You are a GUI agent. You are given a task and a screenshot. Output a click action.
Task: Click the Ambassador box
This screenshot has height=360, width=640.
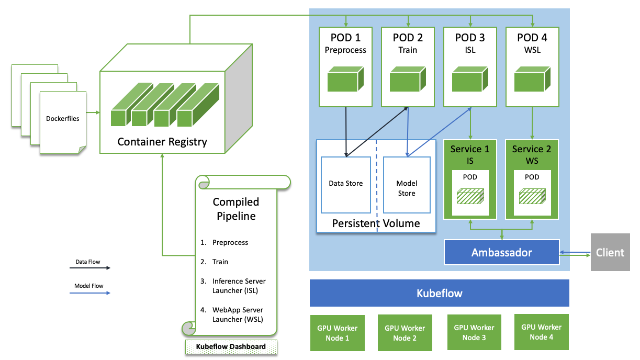pyautogui.click(x=501, y=253)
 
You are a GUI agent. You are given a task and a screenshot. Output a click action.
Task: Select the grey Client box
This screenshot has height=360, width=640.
pyautogui.click(x=610, y=253)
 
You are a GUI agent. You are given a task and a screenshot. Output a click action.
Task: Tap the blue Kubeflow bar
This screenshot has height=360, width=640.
pyautogui.click(x=439, y=293)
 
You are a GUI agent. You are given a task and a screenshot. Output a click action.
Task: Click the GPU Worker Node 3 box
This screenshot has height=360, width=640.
pyautogui.click(x=474, y=333)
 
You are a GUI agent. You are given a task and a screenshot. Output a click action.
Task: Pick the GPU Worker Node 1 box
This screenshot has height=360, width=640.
pyautogui.click(x=337, y=333)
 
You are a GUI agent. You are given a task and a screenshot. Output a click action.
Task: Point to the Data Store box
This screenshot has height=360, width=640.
pyautogui.click(x=346, y=184)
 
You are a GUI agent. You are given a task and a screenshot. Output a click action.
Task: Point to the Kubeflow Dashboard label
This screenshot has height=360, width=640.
pyautogui.click(x=231, y=346)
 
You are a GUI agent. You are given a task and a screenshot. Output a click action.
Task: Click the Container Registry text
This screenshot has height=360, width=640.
pyautogui.click(x=162, y=142)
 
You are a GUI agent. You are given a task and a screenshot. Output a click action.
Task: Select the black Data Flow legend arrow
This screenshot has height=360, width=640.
pyautogui.click(x=90, y=268)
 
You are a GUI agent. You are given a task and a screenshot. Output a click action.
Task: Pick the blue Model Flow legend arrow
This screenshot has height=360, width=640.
pyautogui.click(x=90, y=293)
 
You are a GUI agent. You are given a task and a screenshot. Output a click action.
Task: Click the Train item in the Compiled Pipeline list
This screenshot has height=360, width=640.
pyautogui.click(x=220, y=262)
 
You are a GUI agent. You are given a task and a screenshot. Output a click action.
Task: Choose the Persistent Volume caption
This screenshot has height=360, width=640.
pyautogui.click(x=376, y=224)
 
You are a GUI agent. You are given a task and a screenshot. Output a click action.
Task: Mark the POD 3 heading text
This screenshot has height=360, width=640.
pyautogui.click(x=470, y=38)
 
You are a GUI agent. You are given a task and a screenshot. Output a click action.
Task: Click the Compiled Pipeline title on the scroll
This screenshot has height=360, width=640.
pyautogui.click(x=235, y=209)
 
